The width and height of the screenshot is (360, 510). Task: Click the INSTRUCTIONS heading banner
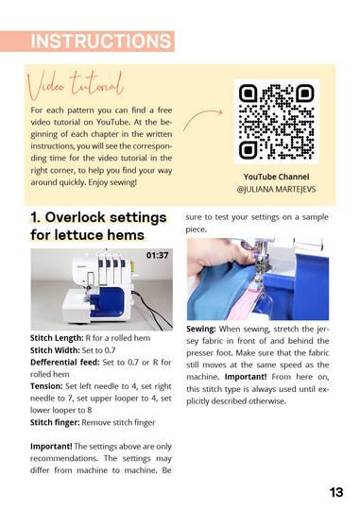click(x=87, y=42)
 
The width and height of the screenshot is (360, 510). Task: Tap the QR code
click(x=276, y=121)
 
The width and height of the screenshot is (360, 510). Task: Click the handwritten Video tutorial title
click(x=76, y=85)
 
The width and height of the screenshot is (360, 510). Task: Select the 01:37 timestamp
click(x=157, y=255)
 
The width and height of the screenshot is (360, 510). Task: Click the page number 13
click(x=336, y=492)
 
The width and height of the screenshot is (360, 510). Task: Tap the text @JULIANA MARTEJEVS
click(x=276, y=189)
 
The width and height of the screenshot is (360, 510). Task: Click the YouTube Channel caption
click(x=276, y=177)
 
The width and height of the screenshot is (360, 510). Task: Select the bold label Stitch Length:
click(x=57, y=338)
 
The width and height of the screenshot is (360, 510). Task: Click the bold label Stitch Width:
click(x=55, y=350)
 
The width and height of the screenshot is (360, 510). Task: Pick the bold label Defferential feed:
click(x=65, y=363)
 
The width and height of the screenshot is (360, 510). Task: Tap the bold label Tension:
click(x=46, y=386)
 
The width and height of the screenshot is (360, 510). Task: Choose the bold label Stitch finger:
click(x=55, y=422)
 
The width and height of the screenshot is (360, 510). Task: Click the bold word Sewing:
click(x=201, y=329)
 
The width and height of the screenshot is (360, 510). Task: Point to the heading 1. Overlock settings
click(x=98, y=217)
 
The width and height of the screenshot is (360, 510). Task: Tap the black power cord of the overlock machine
click(x=152, y=309)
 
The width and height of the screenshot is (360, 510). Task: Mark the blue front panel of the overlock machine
click(x=108, y=302)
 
